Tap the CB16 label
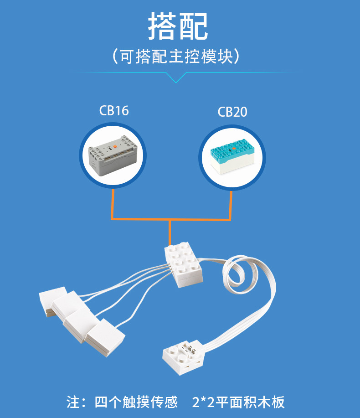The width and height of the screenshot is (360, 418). [x=114, y=111]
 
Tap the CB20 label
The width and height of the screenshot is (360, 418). [x=232, y=112]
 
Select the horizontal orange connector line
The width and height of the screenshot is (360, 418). [x=171, y=219]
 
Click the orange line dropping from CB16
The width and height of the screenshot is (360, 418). [x=112, y=205]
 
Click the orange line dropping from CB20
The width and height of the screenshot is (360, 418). [x=231, y=205]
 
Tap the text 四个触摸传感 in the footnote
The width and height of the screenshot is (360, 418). [x=136, y=402]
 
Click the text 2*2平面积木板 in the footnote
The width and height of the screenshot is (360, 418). [x=238, y=402]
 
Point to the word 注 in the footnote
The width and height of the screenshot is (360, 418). [x=73, y=402]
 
